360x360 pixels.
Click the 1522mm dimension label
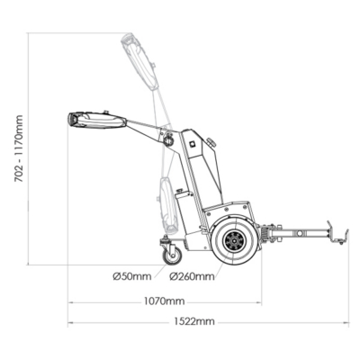[194, 321]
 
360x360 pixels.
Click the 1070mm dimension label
[164, 301]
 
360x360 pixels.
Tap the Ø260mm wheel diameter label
[192, 276]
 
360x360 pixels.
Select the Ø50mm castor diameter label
[132, 276]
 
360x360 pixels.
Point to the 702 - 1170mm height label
[19, 148]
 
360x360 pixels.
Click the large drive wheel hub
[234, 241]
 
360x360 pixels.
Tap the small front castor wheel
[172, 256]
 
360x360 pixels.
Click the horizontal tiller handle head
[97, 121]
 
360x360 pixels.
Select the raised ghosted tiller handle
[139, 61]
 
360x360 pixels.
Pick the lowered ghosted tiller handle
[168, 205]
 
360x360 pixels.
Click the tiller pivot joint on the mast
[168, 139]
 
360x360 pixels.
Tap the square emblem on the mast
[193, 144]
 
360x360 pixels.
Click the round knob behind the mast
[211, 142]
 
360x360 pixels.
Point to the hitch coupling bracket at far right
[337, 233]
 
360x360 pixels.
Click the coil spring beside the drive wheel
[265, 234]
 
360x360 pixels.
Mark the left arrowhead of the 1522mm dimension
[70, 323]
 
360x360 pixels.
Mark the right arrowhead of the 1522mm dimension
[347, 323]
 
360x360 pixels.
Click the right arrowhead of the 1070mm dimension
[259, 302]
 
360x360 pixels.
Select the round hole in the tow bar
[299, 233]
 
